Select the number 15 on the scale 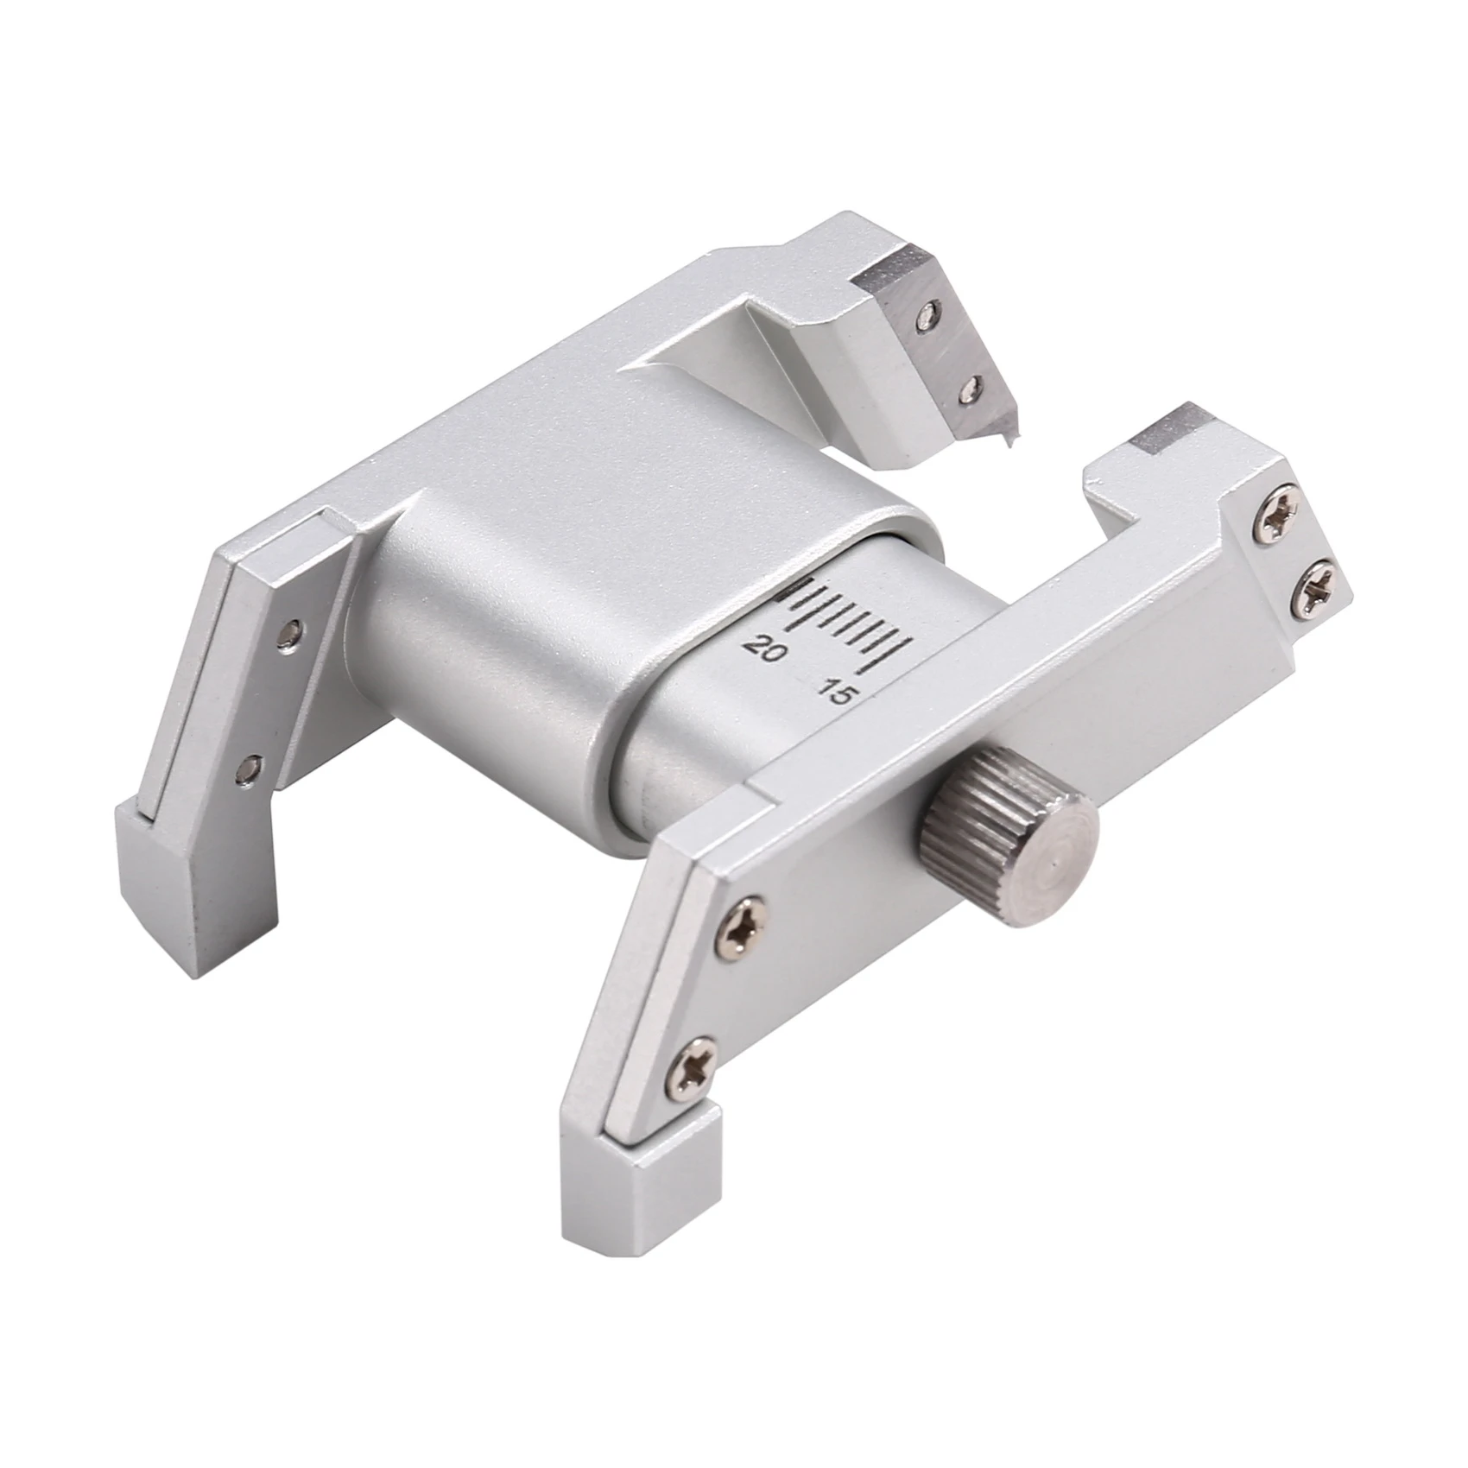pyautogui.click(x=836, y=693)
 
